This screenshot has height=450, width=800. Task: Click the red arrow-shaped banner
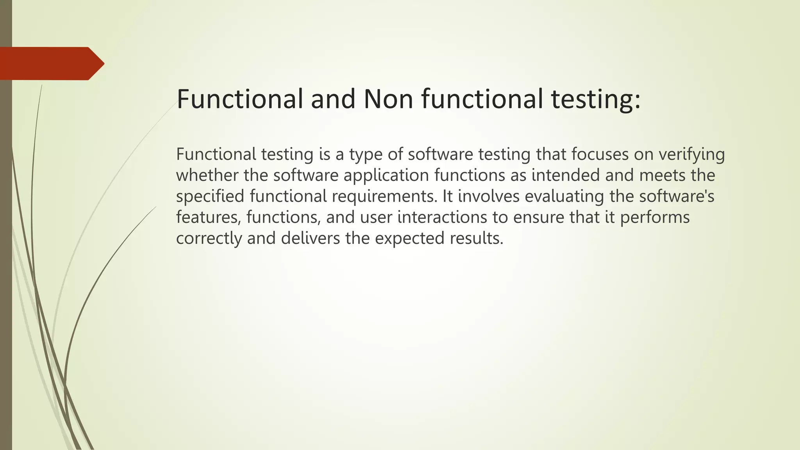pos(51,64)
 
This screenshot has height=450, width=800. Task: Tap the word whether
pos(207,175)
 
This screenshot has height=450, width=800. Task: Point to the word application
pos(386,176)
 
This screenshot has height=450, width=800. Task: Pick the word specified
pos(210,196)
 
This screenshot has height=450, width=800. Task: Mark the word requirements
pos(384,196)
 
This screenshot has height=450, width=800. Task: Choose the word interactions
pos(442,217)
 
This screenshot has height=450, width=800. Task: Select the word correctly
pos(209,239)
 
